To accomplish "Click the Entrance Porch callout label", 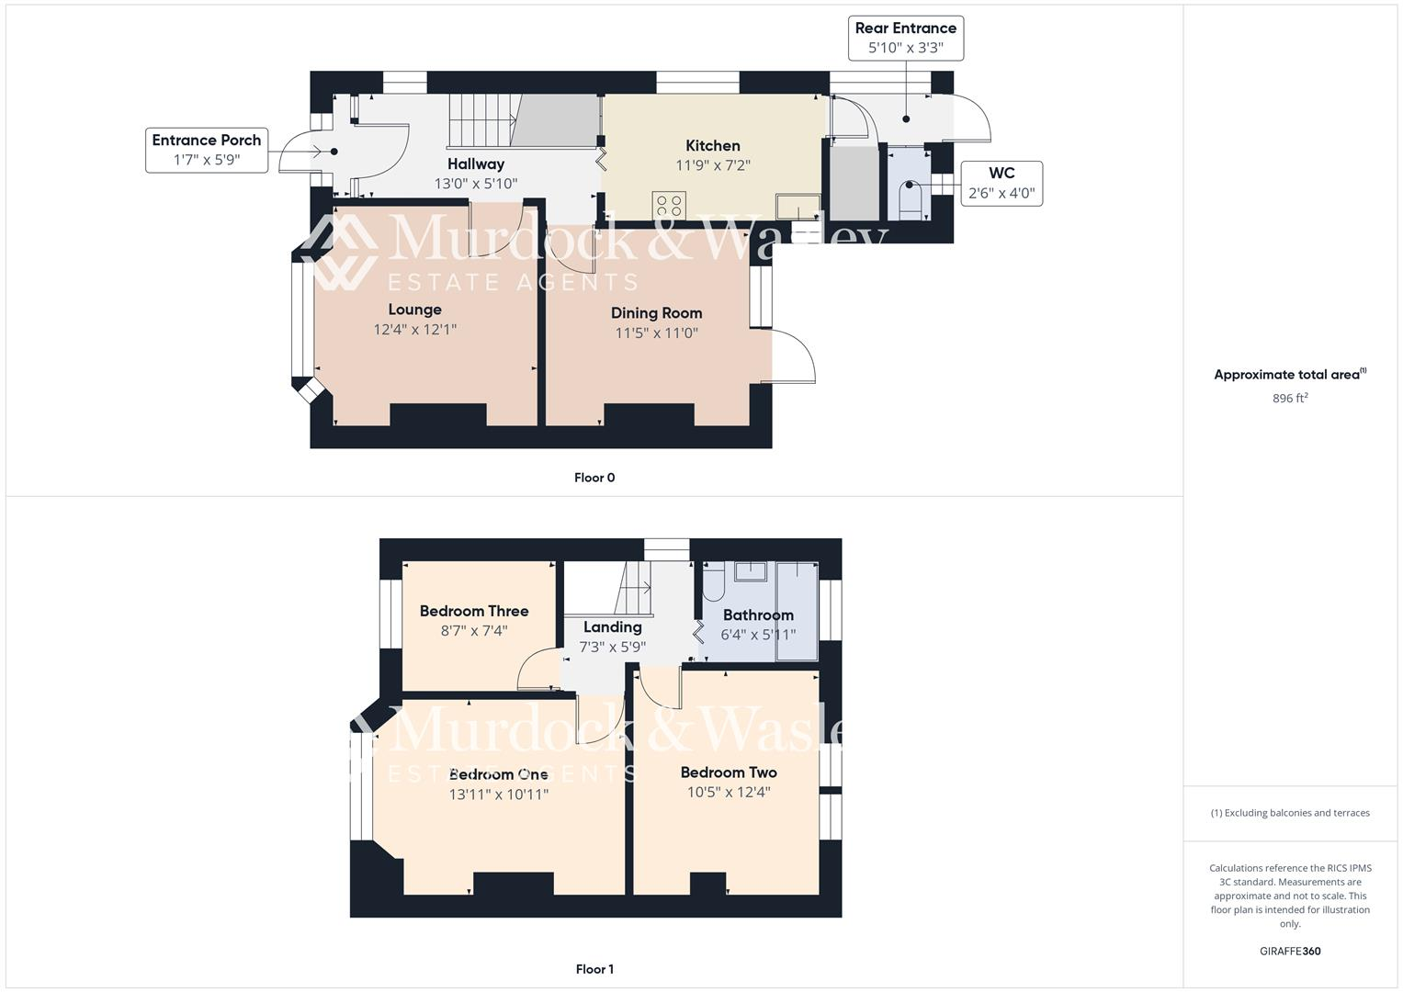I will tap(207, 150).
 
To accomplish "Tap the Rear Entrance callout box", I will tap(905, 38).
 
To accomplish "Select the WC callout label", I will tap(1001, 183).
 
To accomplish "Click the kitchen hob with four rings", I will tap(669, 205).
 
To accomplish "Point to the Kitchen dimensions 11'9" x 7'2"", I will tap(713, 166).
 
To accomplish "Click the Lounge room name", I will tap(414, 310).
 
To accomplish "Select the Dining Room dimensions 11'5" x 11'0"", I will tap(656, 333).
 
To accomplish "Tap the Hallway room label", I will tap(476, 163).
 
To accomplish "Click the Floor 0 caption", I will tap(594, 478).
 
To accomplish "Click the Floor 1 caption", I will tap(594, 969).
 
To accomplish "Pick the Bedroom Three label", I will tap(474, 611).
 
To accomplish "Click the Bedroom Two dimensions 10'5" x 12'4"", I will tap(729, 792).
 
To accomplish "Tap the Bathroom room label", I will tap(758, 614).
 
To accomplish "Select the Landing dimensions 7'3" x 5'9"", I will tap(612, 647).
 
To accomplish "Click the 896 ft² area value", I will tap(1290, 398).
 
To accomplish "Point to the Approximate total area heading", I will tap(1290, 375).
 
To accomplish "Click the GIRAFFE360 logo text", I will tap(1290, 952).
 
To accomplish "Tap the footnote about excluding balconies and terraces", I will tap(1290, 813).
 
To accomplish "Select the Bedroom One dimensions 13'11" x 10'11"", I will tap(499, 795).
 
